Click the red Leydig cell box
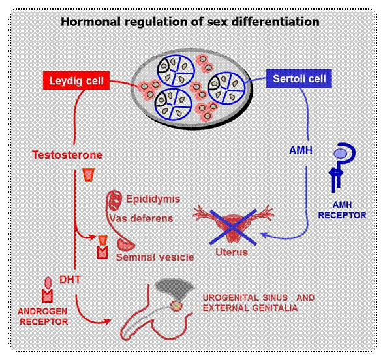click(76, 80)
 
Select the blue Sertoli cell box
click(299, 78)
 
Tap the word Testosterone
click(67, 155)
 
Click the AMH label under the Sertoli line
click(301, 150)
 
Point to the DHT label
click(70, 280)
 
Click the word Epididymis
click(153, 199)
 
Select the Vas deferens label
click(141, 218)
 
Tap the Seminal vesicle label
click(155, 257)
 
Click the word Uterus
click(232, 252)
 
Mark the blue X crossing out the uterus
click(233, 227)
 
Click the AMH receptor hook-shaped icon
click(343, 167)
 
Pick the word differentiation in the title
click(275, 22)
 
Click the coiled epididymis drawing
click(115, 201)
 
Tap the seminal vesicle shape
click(126, 244)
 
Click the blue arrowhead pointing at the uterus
click(264, 235)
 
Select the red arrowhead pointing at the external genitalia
click(107, 321)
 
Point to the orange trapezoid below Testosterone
click(88, 174)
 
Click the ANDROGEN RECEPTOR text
click(43, 316)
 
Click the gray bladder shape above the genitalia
click(175, 289)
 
